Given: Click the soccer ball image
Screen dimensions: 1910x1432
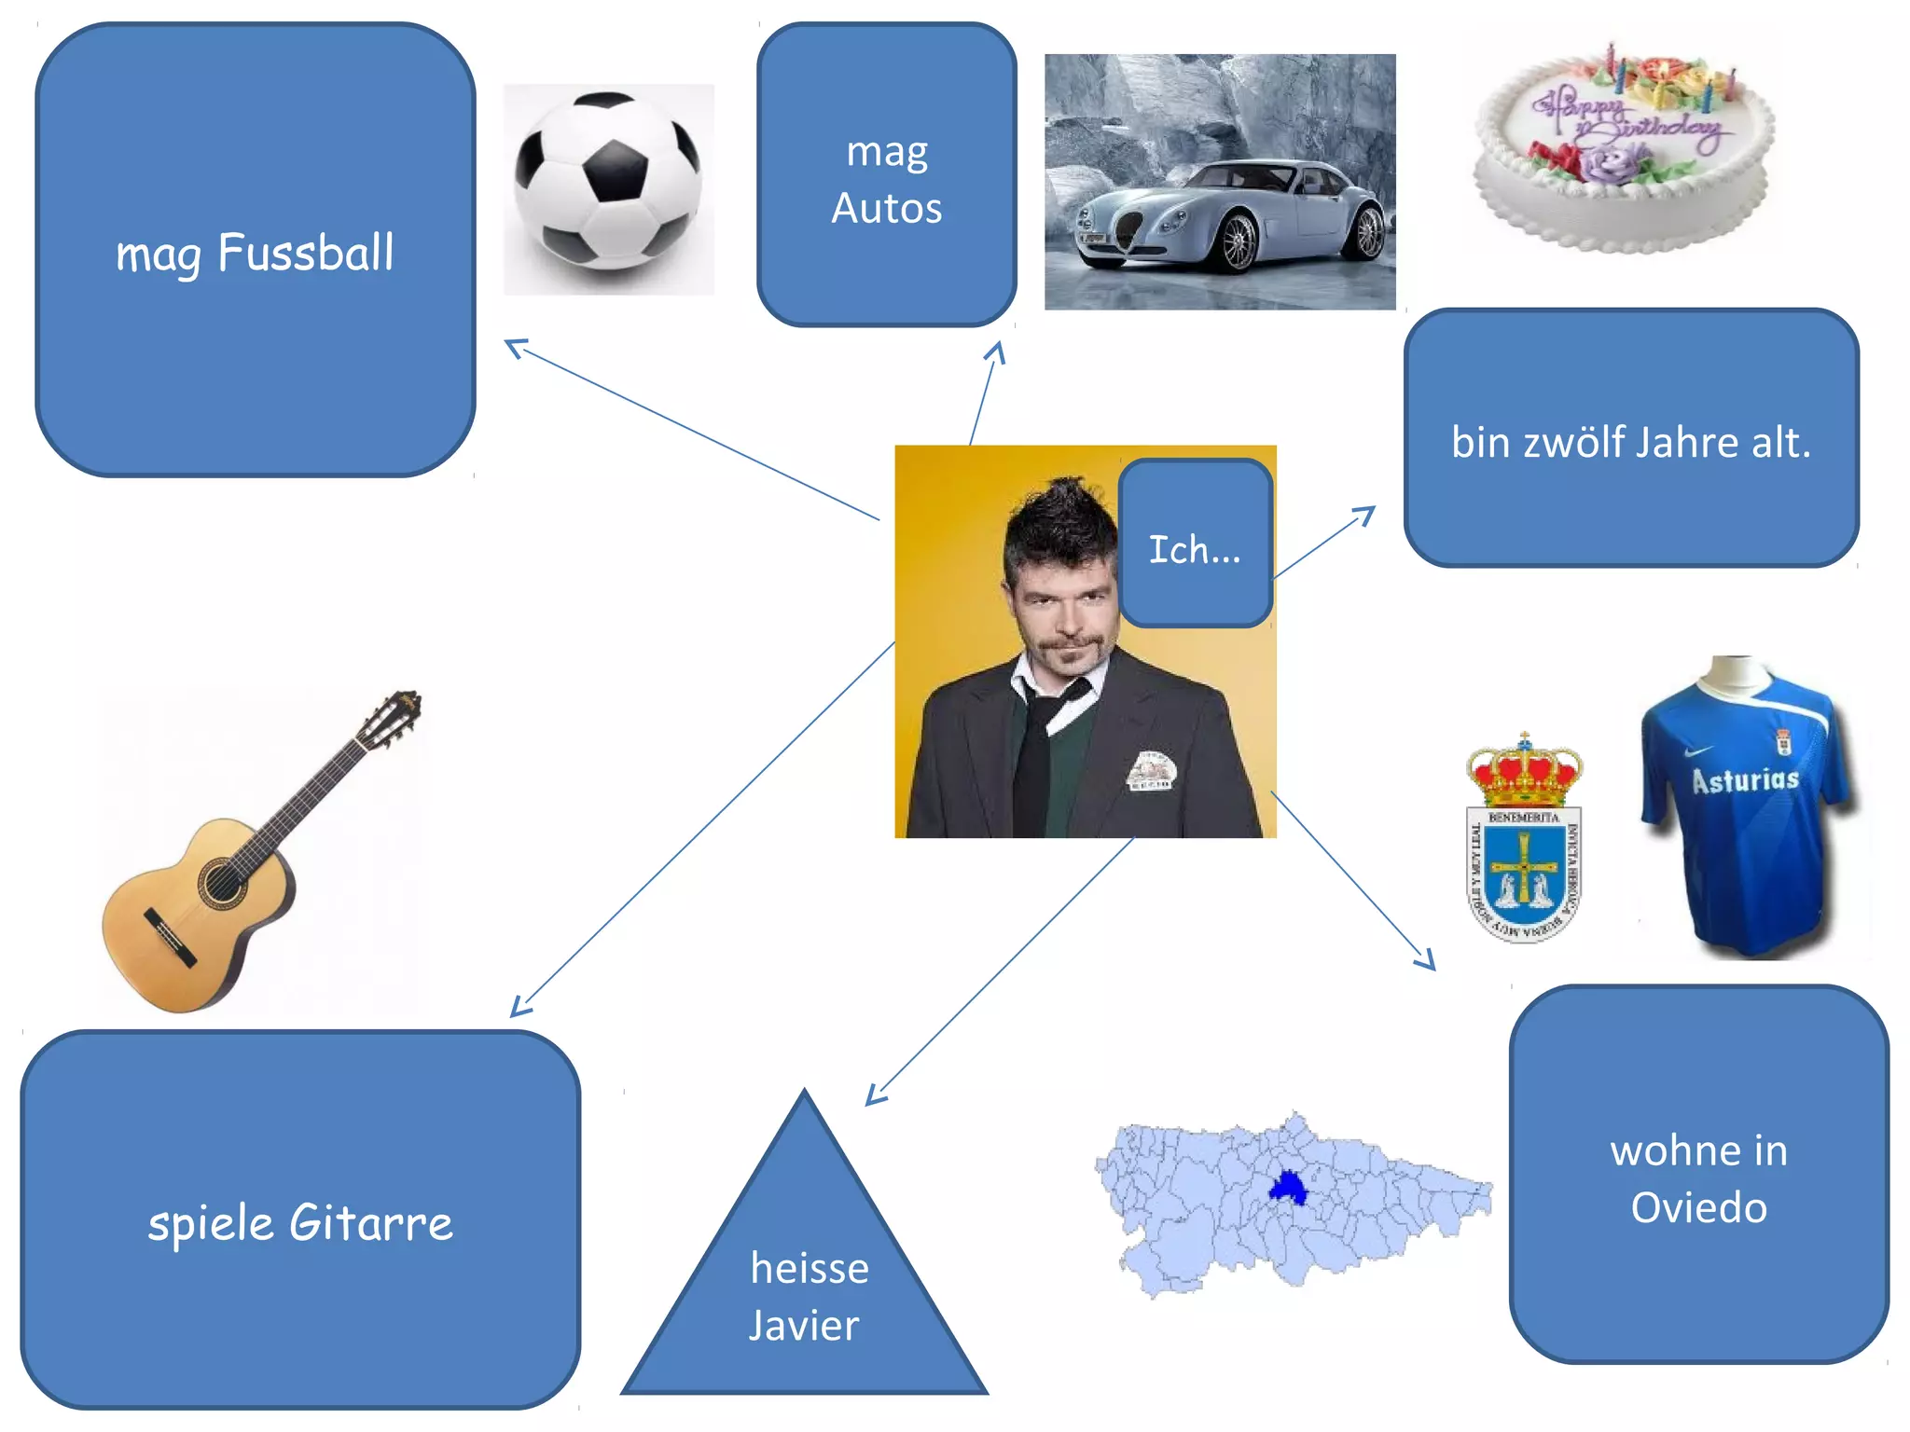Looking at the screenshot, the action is coord(608,181).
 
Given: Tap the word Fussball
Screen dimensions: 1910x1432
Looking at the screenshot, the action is coord(306,254).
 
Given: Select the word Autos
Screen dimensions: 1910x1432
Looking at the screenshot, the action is coord(886,209).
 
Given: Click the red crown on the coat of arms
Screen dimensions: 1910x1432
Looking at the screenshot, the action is coord(1524,773).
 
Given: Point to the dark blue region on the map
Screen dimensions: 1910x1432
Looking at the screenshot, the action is coord(1289,1188).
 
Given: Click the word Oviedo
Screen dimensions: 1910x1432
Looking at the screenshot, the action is coord(1698,1208).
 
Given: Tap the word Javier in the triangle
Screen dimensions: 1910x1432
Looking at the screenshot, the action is coord(803,1326).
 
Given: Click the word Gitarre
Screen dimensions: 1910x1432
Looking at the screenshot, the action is coord(371,1223).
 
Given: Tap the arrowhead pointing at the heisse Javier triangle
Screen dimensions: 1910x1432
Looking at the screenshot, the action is coord(873,1097).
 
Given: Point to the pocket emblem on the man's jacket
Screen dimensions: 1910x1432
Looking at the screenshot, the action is coord(1153,770).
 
